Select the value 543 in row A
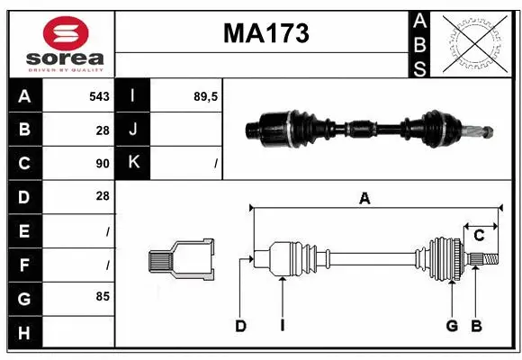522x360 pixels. (99, 96)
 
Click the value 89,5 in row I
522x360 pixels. (204, 96)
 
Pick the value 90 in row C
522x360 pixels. (102, 164)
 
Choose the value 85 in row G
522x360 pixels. (102, 295)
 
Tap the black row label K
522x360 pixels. (133, 163)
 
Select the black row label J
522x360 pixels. (133, 130)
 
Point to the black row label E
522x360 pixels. (23, 230)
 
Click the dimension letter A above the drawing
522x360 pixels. (364, 198)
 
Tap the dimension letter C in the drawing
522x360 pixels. (480, 236)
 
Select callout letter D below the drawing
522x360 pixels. (240, 326)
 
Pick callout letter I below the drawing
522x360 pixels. (282, 326)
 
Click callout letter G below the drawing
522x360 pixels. (452, 326)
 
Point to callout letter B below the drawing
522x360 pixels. (478, 326)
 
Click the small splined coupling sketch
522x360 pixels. (181, 260)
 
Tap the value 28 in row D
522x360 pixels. (102, 195)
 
